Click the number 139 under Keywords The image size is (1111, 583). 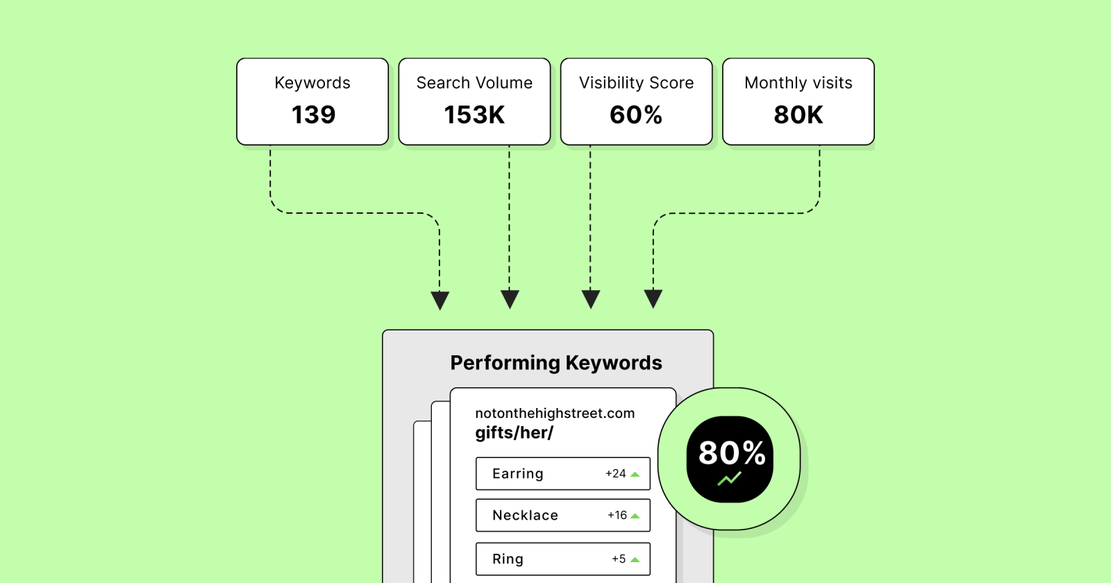(313, 115)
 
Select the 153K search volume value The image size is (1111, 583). (474, 115)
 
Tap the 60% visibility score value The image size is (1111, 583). (636, 115)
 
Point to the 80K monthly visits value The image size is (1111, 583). (799, 115)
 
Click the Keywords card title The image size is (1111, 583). (312, 83)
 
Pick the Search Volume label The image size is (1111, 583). (474, 83)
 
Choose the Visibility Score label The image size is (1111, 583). (636, 83)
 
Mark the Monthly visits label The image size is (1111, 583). (799, 83)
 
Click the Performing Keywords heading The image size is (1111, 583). (556, 363)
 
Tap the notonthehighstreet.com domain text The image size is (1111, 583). (555, 413)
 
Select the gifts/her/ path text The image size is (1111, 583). (514, 433)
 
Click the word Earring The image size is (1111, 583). (518, 473)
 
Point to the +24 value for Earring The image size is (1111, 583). (615, 473)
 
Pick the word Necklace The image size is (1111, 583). (525, 515)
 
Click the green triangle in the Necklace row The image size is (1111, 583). (635, 516)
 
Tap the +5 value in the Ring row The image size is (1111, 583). (619, 559)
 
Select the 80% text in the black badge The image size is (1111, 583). (731, 453)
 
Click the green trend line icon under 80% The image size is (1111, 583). (729, 478)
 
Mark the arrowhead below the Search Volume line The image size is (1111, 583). (510, 299)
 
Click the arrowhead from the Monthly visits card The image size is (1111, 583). (653, 298)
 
